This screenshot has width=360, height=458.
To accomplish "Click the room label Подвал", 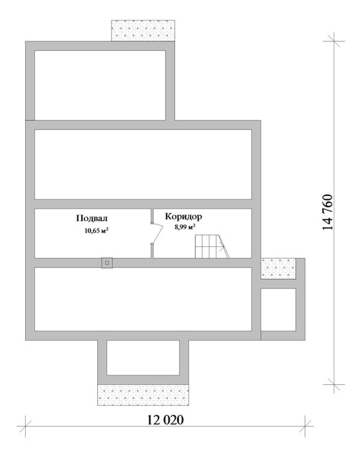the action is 92,218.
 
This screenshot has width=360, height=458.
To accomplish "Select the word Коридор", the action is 184,217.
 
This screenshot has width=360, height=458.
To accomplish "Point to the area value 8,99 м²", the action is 185,227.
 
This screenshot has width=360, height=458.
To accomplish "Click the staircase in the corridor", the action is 212,246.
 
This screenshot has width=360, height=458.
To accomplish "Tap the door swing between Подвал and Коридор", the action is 157,233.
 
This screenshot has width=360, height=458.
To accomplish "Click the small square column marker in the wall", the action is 107,263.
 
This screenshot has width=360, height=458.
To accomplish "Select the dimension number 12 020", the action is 165,420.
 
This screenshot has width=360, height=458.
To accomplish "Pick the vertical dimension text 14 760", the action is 328,212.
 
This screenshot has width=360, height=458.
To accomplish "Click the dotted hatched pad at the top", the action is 143,31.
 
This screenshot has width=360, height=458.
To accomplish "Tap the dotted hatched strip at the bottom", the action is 143,395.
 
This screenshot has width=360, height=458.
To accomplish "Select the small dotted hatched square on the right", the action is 278,269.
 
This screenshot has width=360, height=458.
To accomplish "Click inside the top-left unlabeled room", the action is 100,85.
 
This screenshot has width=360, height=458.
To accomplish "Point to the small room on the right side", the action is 278,310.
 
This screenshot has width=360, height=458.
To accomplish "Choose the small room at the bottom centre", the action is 143,358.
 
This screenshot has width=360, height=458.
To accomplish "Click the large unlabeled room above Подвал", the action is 143,164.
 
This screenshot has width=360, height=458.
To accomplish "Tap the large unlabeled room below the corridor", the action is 143,299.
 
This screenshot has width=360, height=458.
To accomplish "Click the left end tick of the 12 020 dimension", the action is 25,426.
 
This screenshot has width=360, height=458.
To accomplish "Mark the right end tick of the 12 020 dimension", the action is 305,426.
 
